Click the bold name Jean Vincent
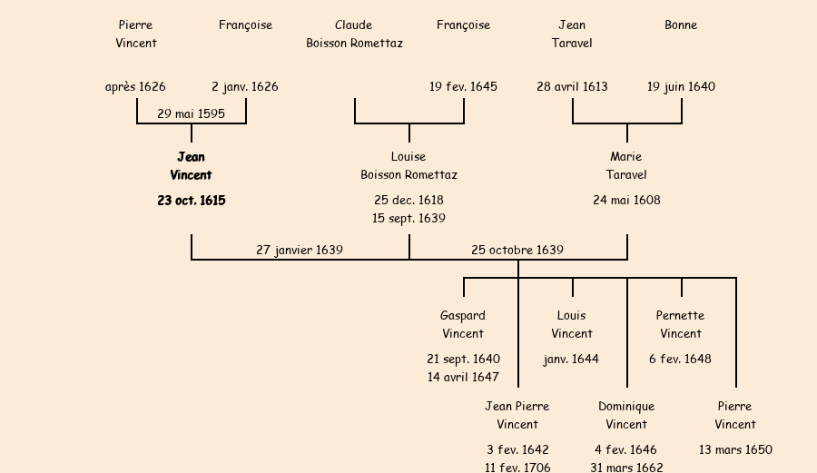pos(191,166)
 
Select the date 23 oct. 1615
pos(191,201)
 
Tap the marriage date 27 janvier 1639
pos(300,250)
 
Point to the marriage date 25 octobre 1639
pos(517,250)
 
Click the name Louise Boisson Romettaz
pos(408,166)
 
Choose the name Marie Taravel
pos(626,166)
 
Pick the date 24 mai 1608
pos(626,201)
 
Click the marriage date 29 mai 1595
pos(191,114)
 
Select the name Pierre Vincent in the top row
pos(136,34)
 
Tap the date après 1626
pos(135,87)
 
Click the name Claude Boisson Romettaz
pos(354,34)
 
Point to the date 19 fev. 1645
pos(463,87)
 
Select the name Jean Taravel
pos(572,34)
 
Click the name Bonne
pos(681,25)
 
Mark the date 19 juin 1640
pos(681,87)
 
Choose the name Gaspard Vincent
pos(463,325)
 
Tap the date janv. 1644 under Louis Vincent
pos(572,360)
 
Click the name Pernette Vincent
pos(681,325)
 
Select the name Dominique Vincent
pos(626,416)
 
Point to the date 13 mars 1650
pos(735,450)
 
